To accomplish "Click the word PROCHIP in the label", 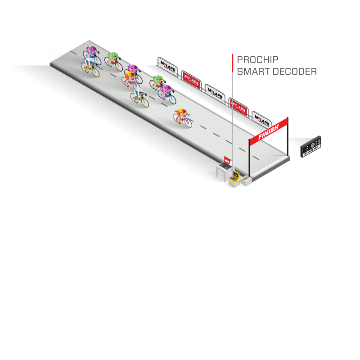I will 257,59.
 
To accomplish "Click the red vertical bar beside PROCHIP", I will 233,63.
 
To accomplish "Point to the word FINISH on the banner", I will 269,131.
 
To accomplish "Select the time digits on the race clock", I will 311,145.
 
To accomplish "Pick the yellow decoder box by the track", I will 234,177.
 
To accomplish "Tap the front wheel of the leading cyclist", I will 188,122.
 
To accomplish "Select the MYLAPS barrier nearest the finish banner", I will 261,118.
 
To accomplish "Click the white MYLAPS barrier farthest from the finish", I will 167,65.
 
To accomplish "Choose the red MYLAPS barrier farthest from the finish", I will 191,79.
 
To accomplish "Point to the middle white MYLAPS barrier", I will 215,91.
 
